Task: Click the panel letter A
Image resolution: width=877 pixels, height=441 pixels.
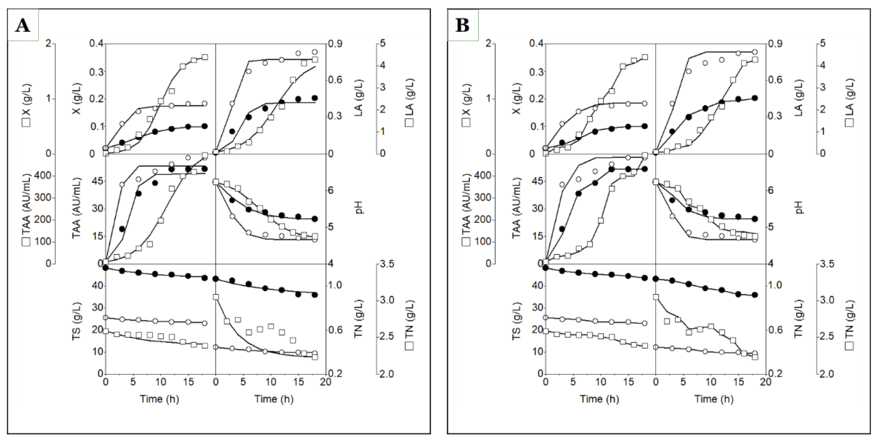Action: point(22,26)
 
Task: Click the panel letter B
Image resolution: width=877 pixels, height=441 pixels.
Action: point(462,26)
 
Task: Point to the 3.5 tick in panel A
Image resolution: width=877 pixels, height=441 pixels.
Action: point(394,264)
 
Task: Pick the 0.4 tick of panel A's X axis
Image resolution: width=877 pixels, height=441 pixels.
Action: point(97,44)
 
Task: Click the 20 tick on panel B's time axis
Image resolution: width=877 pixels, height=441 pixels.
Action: point(765,382)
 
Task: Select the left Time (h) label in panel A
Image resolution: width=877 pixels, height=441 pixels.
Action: point(159,399)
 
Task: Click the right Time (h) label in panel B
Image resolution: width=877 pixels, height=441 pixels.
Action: point(714,399)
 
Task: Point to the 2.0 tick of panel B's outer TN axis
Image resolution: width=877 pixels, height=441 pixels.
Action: point(834,374)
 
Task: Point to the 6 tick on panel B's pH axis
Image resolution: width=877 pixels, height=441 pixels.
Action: point(773,190)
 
